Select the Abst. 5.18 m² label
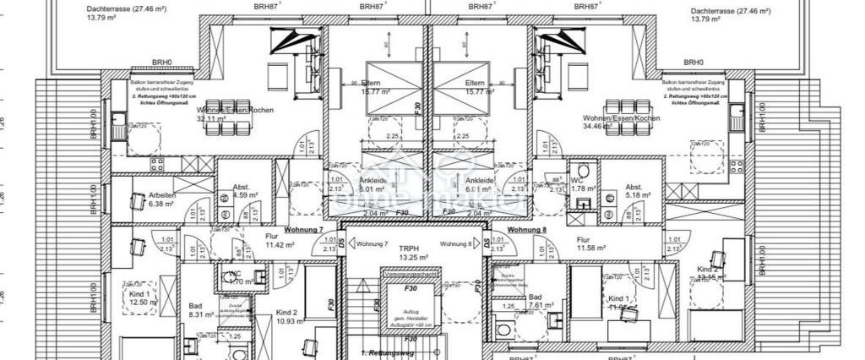[638, 191]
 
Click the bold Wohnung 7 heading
[303, 230]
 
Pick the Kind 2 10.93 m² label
[290, 317]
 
